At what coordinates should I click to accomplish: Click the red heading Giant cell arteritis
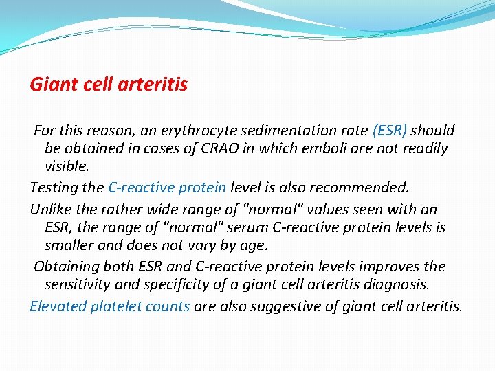pyautogui.click(x=109, y=85)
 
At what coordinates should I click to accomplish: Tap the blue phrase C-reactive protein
pyautogui.click(x=167, y=188)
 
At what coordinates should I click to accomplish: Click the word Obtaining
pyautogui.click(x=65, y=266)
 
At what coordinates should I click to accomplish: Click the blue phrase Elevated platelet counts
pyautogui.click(x=109, y=306)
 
